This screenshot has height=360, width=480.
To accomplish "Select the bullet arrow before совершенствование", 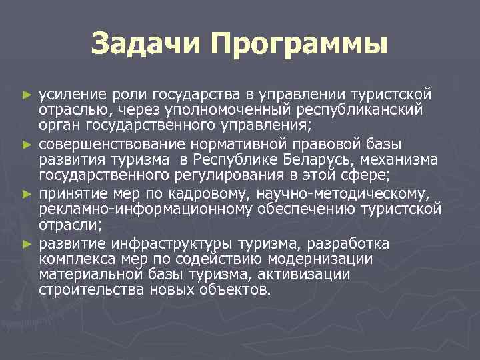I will coord(27,143).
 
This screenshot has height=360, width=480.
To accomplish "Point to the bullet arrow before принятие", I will coord(27,193).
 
